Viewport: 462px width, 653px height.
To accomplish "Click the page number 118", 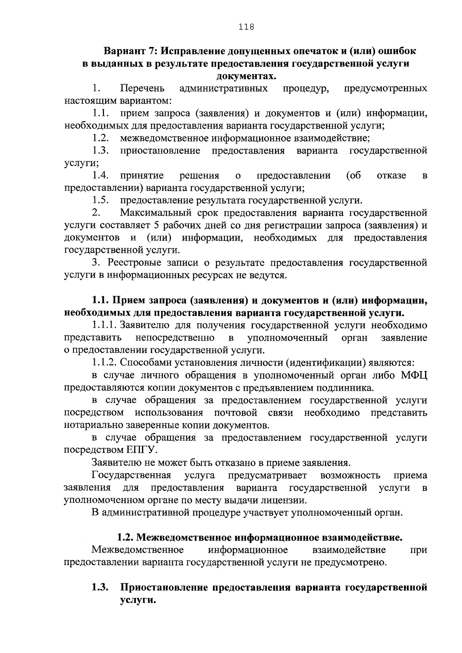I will pos(246,27).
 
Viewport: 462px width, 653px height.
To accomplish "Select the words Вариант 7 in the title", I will pos(128,51).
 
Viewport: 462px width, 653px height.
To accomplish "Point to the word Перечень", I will pos(142,89).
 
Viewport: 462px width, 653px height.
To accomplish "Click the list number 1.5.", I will pos(100,201).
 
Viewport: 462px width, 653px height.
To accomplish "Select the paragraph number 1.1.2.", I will pos(104,363).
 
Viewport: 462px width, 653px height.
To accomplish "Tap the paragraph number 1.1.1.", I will pos(104,325).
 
